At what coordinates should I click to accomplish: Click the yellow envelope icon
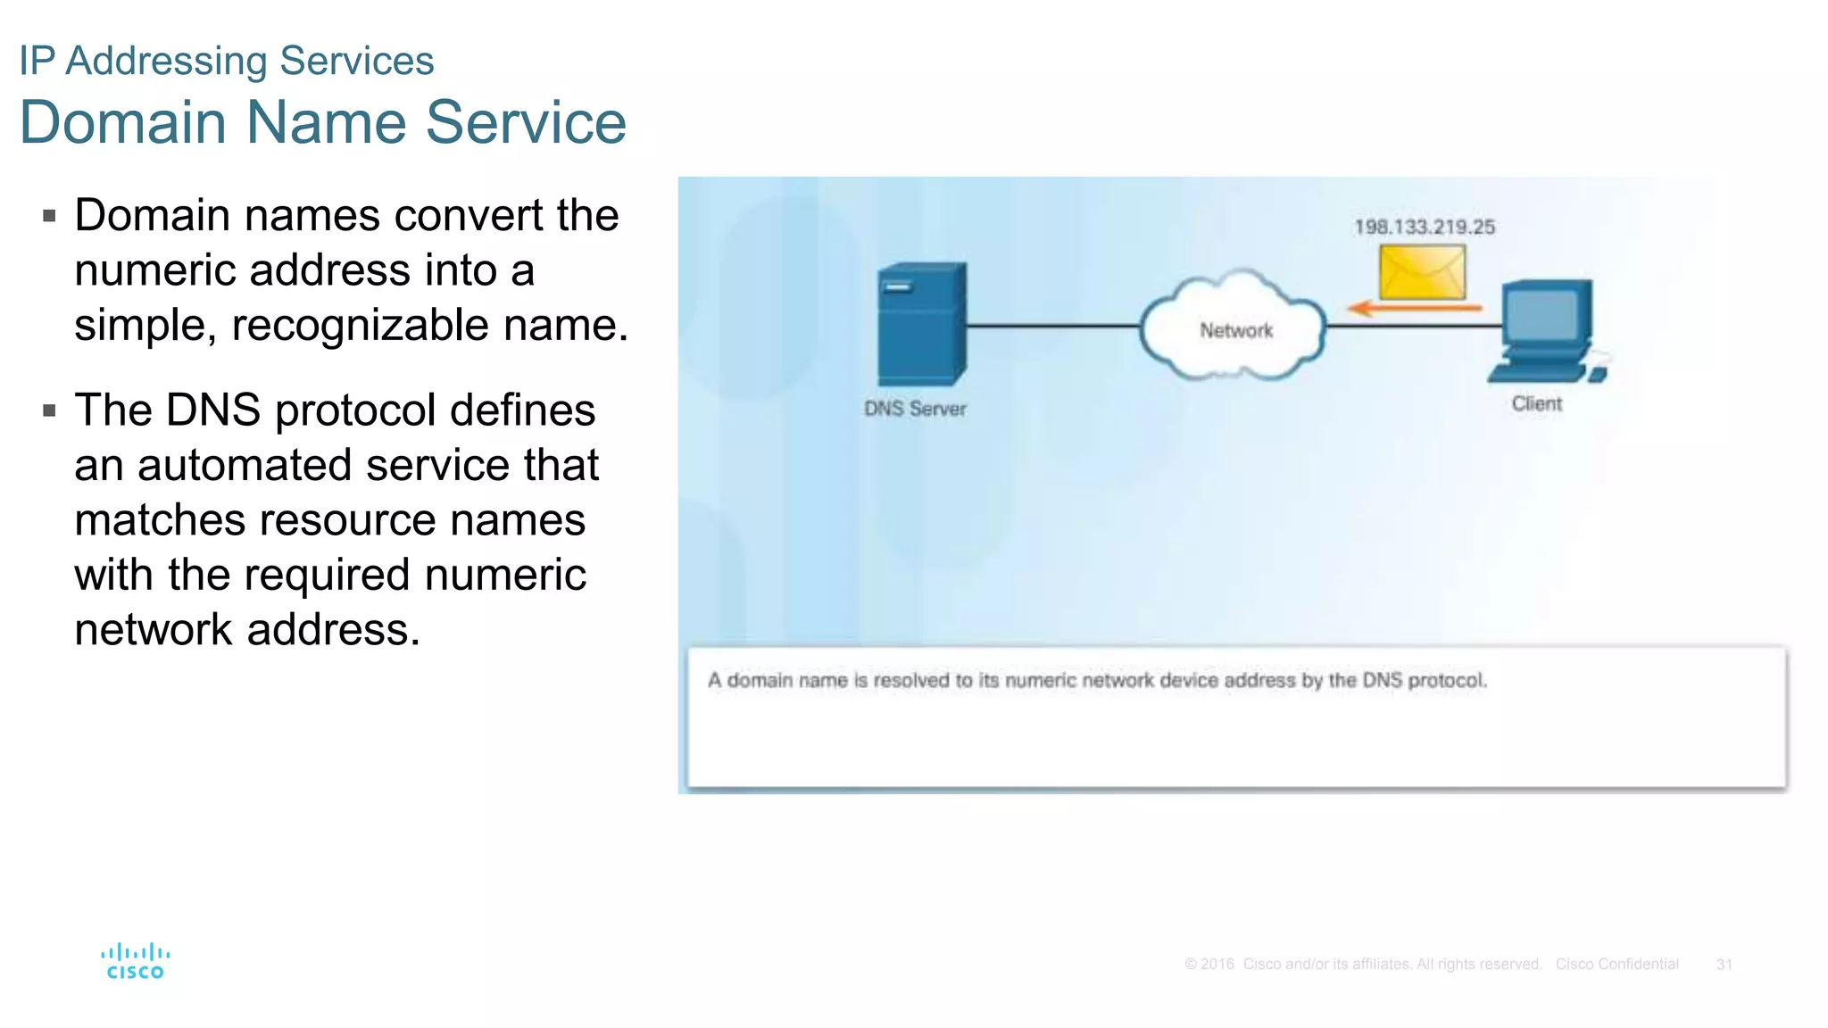[1422, 272]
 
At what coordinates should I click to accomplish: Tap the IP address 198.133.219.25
[1425, 227]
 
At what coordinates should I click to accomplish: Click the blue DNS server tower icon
[921, 323]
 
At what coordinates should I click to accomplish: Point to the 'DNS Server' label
[915, 409]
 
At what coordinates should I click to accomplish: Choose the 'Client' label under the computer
[1536, 403]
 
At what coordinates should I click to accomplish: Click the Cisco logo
[135, 961]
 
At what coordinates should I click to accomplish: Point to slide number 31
[1724, 965]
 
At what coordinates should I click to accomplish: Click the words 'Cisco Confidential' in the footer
[1616, 965]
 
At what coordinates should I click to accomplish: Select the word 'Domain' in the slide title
[123, 122]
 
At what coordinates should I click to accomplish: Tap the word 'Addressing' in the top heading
[167, 61]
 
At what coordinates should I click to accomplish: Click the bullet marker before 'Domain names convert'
[50, 216]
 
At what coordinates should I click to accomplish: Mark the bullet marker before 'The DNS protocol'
[50, 411]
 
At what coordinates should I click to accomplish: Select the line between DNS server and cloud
[1053, 326]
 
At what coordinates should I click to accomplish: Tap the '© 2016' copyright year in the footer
[1209, 965]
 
